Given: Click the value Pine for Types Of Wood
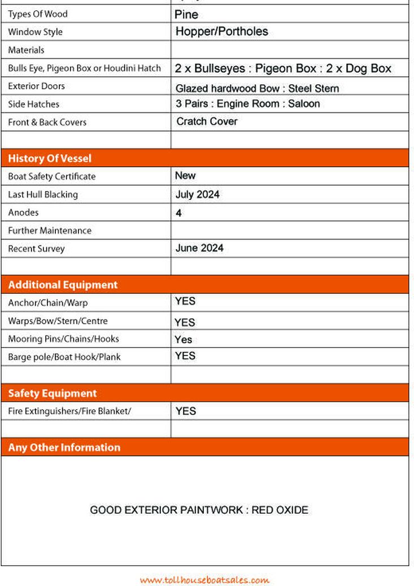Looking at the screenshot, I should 186,14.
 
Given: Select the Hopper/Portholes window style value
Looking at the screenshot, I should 221,32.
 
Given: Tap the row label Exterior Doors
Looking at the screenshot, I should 36,86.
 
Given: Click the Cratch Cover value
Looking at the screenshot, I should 207,121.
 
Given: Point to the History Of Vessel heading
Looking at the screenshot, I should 50,158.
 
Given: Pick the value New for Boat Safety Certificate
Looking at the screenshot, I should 185,176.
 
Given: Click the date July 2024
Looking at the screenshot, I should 197,194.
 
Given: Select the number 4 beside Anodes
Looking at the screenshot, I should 178,213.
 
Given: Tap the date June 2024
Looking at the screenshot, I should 199,248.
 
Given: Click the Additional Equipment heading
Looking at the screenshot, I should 63,285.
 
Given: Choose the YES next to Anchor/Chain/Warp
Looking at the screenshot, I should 185,301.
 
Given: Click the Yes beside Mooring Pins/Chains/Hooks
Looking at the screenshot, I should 184,340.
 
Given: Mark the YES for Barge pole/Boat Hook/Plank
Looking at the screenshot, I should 185,356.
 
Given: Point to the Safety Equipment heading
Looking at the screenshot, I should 53,393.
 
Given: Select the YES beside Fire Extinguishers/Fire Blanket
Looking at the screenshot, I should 186,411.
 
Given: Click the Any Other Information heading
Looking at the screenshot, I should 64,448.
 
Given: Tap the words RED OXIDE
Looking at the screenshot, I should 280,510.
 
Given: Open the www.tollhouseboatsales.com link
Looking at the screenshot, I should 204,580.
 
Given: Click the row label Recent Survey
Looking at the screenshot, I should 36,249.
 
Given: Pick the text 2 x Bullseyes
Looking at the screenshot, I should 210,68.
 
